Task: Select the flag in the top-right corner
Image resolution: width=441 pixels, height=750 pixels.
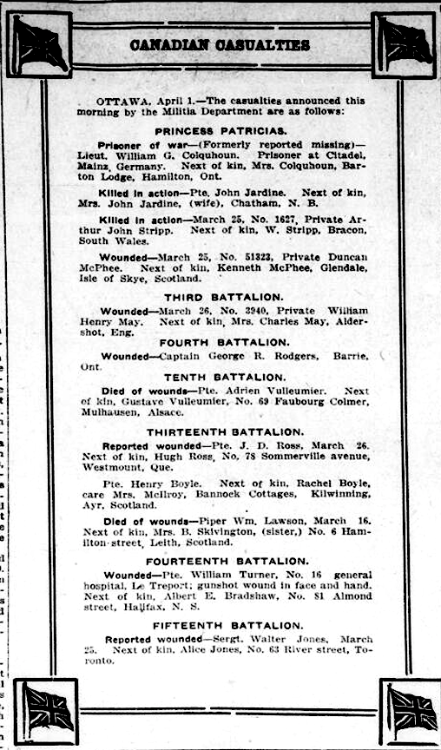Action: [404, 42]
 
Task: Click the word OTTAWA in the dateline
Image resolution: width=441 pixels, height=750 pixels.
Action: [120, 101]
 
